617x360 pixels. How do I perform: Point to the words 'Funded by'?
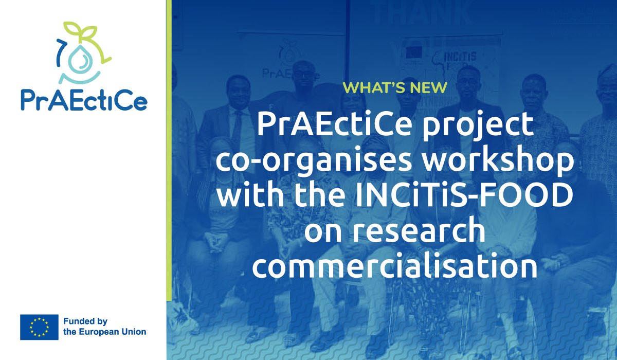[84, 321]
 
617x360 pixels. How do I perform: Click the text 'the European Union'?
[104, 332]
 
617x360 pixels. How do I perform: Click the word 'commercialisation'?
[394, 266]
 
